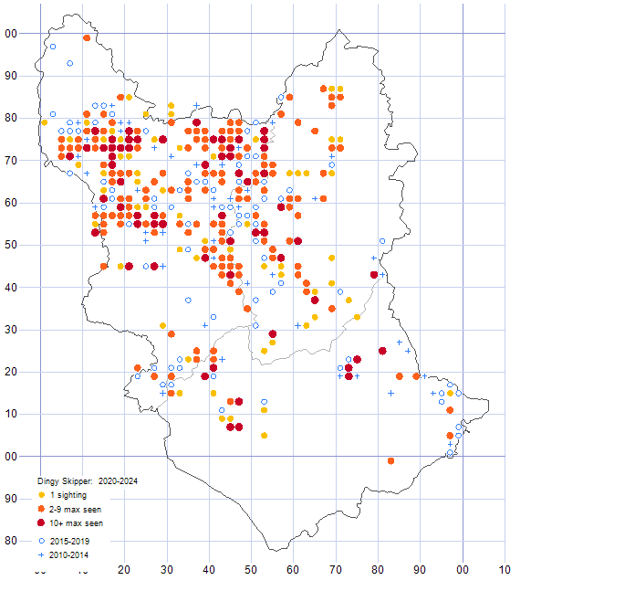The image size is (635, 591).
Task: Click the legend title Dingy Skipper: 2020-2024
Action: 88,480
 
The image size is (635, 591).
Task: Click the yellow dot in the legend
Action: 42,494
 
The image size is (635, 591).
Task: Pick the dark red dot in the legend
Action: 42,523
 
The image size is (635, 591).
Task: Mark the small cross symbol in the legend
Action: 42,554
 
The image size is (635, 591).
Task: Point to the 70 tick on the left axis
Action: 11,161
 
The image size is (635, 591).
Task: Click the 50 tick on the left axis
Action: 11,246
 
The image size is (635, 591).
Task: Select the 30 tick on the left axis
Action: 11,330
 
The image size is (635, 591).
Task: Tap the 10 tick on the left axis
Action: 11,415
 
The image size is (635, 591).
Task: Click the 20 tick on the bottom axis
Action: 125,571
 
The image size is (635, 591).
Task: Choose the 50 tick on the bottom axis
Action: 252,571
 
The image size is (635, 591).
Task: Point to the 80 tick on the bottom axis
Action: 379,571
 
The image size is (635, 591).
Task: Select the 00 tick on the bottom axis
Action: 463,571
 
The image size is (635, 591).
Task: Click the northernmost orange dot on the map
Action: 87,38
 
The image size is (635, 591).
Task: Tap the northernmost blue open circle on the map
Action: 53,47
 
